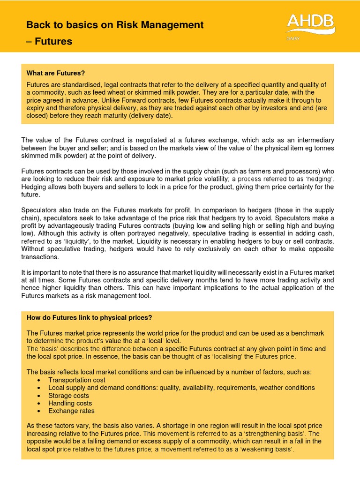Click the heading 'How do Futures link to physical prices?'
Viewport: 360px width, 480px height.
89,317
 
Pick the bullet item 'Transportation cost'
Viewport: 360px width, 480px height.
77,380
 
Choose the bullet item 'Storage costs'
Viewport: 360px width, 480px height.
68,396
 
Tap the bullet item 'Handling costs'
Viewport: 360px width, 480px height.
70,403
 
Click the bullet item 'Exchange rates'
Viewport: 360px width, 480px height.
71,411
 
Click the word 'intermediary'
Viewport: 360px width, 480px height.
315,140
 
